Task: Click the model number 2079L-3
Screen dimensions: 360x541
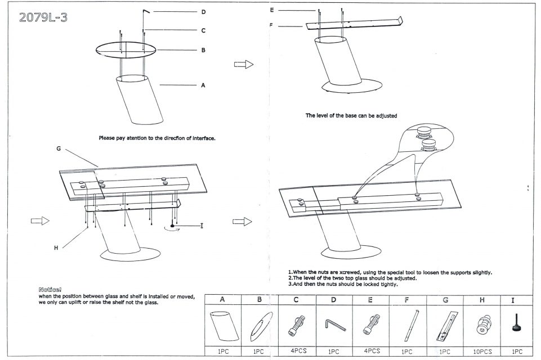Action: point(43,17)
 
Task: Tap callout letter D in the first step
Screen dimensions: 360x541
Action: point(203,12)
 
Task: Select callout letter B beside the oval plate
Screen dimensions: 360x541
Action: point(203,50)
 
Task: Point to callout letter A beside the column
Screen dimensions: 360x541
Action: point(203,85)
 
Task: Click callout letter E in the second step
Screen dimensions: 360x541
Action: point(272,10)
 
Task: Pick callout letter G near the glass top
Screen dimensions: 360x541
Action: point(57,148)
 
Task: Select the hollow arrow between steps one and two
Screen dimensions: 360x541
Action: point(243,65)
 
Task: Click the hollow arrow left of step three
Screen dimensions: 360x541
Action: point(40,221)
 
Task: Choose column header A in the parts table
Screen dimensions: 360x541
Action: point(222,300)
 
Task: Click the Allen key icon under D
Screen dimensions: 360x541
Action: point(333,325)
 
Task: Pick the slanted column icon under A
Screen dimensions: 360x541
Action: point(222,325)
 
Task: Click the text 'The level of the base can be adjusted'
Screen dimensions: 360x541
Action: point(351,116)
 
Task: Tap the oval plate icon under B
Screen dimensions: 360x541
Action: point(259,325)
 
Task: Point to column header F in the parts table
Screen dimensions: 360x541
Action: point(406,300)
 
